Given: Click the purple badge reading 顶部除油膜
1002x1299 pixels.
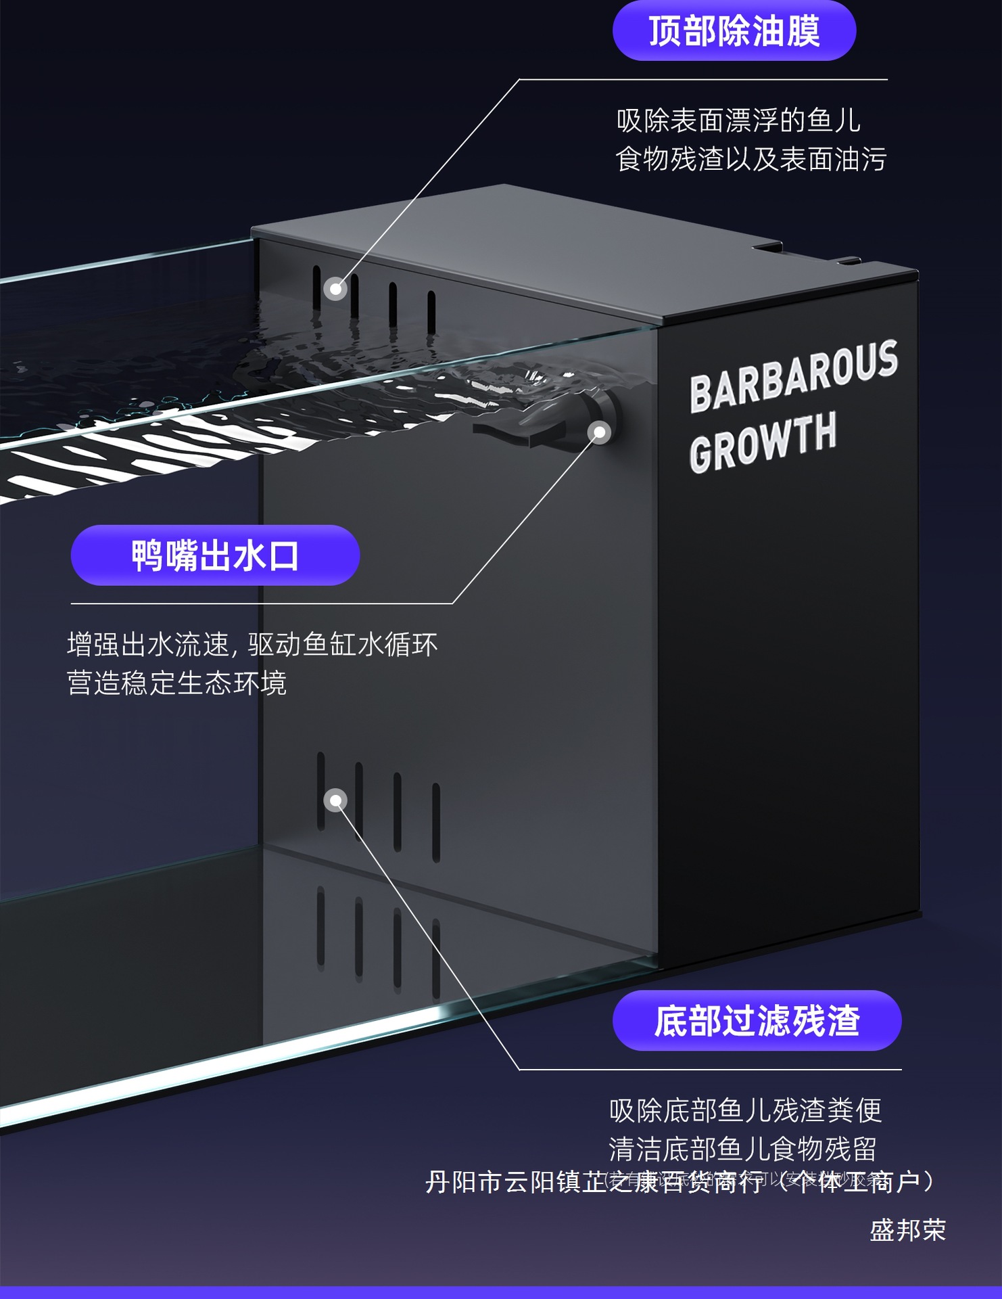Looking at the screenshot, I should click(x=734, y=31).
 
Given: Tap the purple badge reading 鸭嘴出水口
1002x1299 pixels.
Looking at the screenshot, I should click(x=215, y=555).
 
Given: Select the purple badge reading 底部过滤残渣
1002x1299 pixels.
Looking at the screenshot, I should click(x=757, y=1020).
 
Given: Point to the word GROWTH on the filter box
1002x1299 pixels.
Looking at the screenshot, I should click(x=763, y=442).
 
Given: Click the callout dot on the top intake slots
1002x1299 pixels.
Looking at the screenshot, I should click(x=335, y=289).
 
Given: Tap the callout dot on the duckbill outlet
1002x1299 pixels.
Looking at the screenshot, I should click(x=599, y=432).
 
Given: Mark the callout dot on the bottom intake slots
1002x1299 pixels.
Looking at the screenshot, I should click(x=335, y=800).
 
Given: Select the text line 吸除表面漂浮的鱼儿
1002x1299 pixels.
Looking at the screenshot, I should click(x=738, y=121).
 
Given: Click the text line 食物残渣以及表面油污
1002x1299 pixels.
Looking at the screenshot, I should click(x=750, y=160).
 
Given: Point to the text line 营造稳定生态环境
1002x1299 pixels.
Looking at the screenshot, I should click(x=176, y=683).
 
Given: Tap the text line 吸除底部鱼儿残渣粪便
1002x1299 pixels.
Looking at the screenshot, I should click(x=745, y=1110).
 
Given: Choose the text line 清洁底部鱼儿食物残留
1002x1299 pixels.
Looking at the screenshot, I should click(x=742, y=1148).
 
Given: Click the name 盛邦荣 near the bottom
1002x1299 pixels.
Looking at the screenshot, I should click(x=907, y=1230).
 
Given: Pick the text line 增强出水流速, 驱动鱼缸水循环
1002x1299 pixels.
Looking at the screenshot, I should click(x=252, y=645).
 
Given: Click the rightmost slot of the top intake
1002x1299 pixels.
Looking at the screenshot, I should click(x=431, y=312).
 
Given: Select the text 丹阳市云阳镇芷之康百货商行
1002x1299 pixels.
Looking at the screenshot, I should click(x=594, y=1183).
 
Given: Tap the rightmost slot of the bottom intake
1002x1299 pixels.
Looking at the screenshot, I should click(x=436, y=822).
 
